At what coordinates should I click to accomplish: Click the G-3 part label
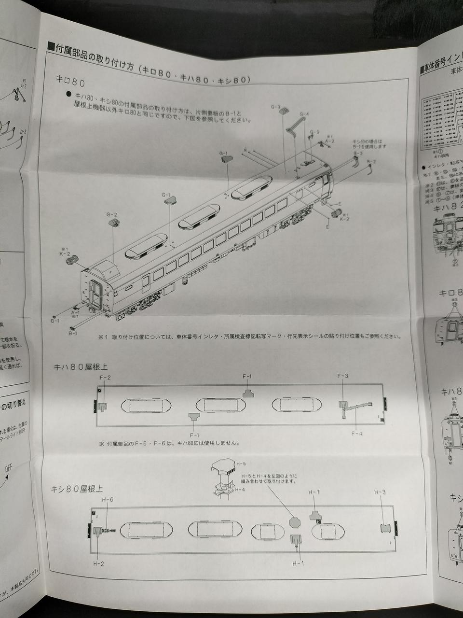pos(275,107)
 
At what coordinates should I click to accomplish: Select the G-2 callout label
pos(112,214)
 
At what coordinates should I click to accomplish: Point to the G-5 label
pos(314,132)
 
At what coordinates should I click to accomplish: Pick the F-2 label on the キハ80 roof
pos(105,377)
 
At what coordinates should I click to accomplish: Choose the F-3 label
pos(342,376)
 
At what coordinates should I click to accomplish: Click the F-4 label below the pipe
pos(356,433)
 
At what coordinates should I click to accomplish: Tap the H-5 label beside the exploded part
pos(241,463)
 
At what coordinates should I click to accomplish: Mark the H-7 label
pos(314,492)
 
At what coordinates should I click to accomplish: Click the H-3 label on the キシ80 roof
pos(380,492)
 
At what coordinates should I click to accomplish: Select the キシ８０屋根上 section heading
pos(77,489)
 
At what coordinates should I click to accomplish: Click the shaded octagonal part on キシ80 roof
pos(295,522)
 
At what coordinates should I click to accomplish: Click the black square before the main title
pos(51,46)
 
